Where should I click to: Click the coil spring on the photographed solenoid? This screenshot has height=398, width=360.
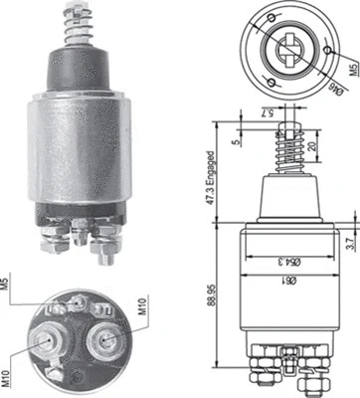click(76, 29)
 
